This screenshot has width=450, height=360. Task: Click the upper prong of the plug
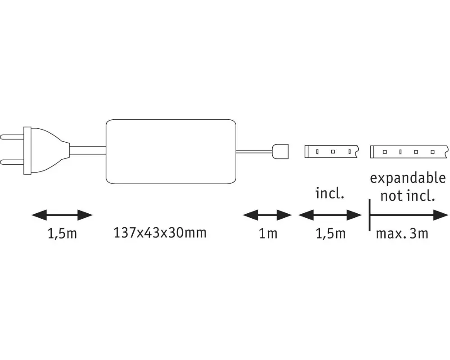coord(12,137)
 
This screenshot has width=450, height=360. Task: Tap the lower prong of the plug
coord(12,162)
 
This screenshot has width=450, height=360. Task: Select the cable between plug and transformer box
coord(88,150)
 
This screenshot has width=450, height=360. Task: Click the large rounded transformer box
coord(171,151)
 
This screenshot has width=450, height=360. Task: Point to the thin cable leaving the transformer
coord(254,151)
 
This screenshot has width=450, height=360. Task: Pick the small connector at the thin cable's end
coord(280,151)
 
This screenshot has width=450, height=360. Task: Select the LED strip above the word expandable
coord(409,152)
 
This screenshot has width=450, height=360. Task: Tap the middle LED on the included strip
coord(333,151)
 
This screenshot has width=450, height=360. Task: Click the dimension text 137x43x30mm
coord(160,233)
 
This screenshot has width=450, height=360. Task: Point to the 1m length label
coord(268,234)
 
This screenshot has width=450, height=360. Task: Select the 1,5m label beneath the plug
coord(62,234)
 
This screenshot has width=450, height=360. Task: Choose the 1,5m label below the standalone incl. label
coord(330,234)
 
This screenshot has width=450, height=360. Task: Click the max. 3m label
coord(402,234)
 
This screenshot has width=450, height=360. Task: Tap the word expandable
coord(408,178)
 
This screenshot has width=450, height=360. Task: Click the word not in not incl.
coord(392,196)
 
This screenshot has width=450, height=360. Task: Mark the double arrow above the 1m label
coord(267,215)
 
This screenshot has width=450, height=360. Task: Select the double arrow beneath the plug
coord(62,215)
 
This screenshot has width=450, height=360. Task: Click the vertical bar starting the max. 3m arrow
coord(369,215)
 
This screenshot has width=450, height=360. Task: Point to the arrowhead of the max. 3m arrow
coord(441,215)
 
